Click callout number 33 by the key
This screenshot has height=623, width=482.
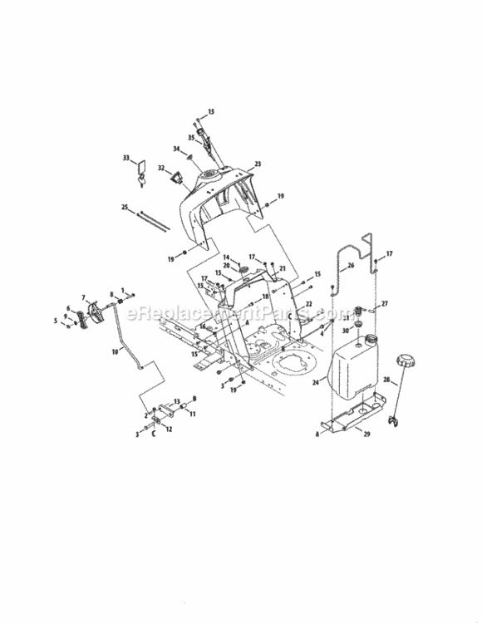pyautogui.click(x=126, y=157)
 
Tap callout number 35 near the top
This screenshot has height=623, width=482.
pyautogui.click(x=191, y=137)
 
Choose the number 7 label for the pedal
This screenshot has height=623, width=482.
pyautogui.click(x=83, y=297)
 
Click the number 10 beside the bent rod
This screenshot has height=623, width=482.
pyautogui.click(x=115, y=352)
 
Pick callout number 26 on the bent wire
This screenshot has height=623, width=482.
pyautogui.click(x=350, y=266)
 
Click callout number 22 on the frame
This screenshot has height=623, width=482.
pyautogui.click(x=308, y=305)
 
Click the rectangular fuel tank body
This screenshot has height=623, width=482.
pyautogui.click(x=357, y=366)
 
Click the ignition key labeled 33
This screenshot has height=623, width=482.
pyautogui.click(x=142, y=174)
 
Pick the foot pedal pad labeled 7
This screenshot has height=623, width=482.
pyautogui.click(x=94, y=314)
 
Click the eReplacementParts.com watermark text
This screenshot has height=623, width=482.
pyautogui.click(x=241, y=315)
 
